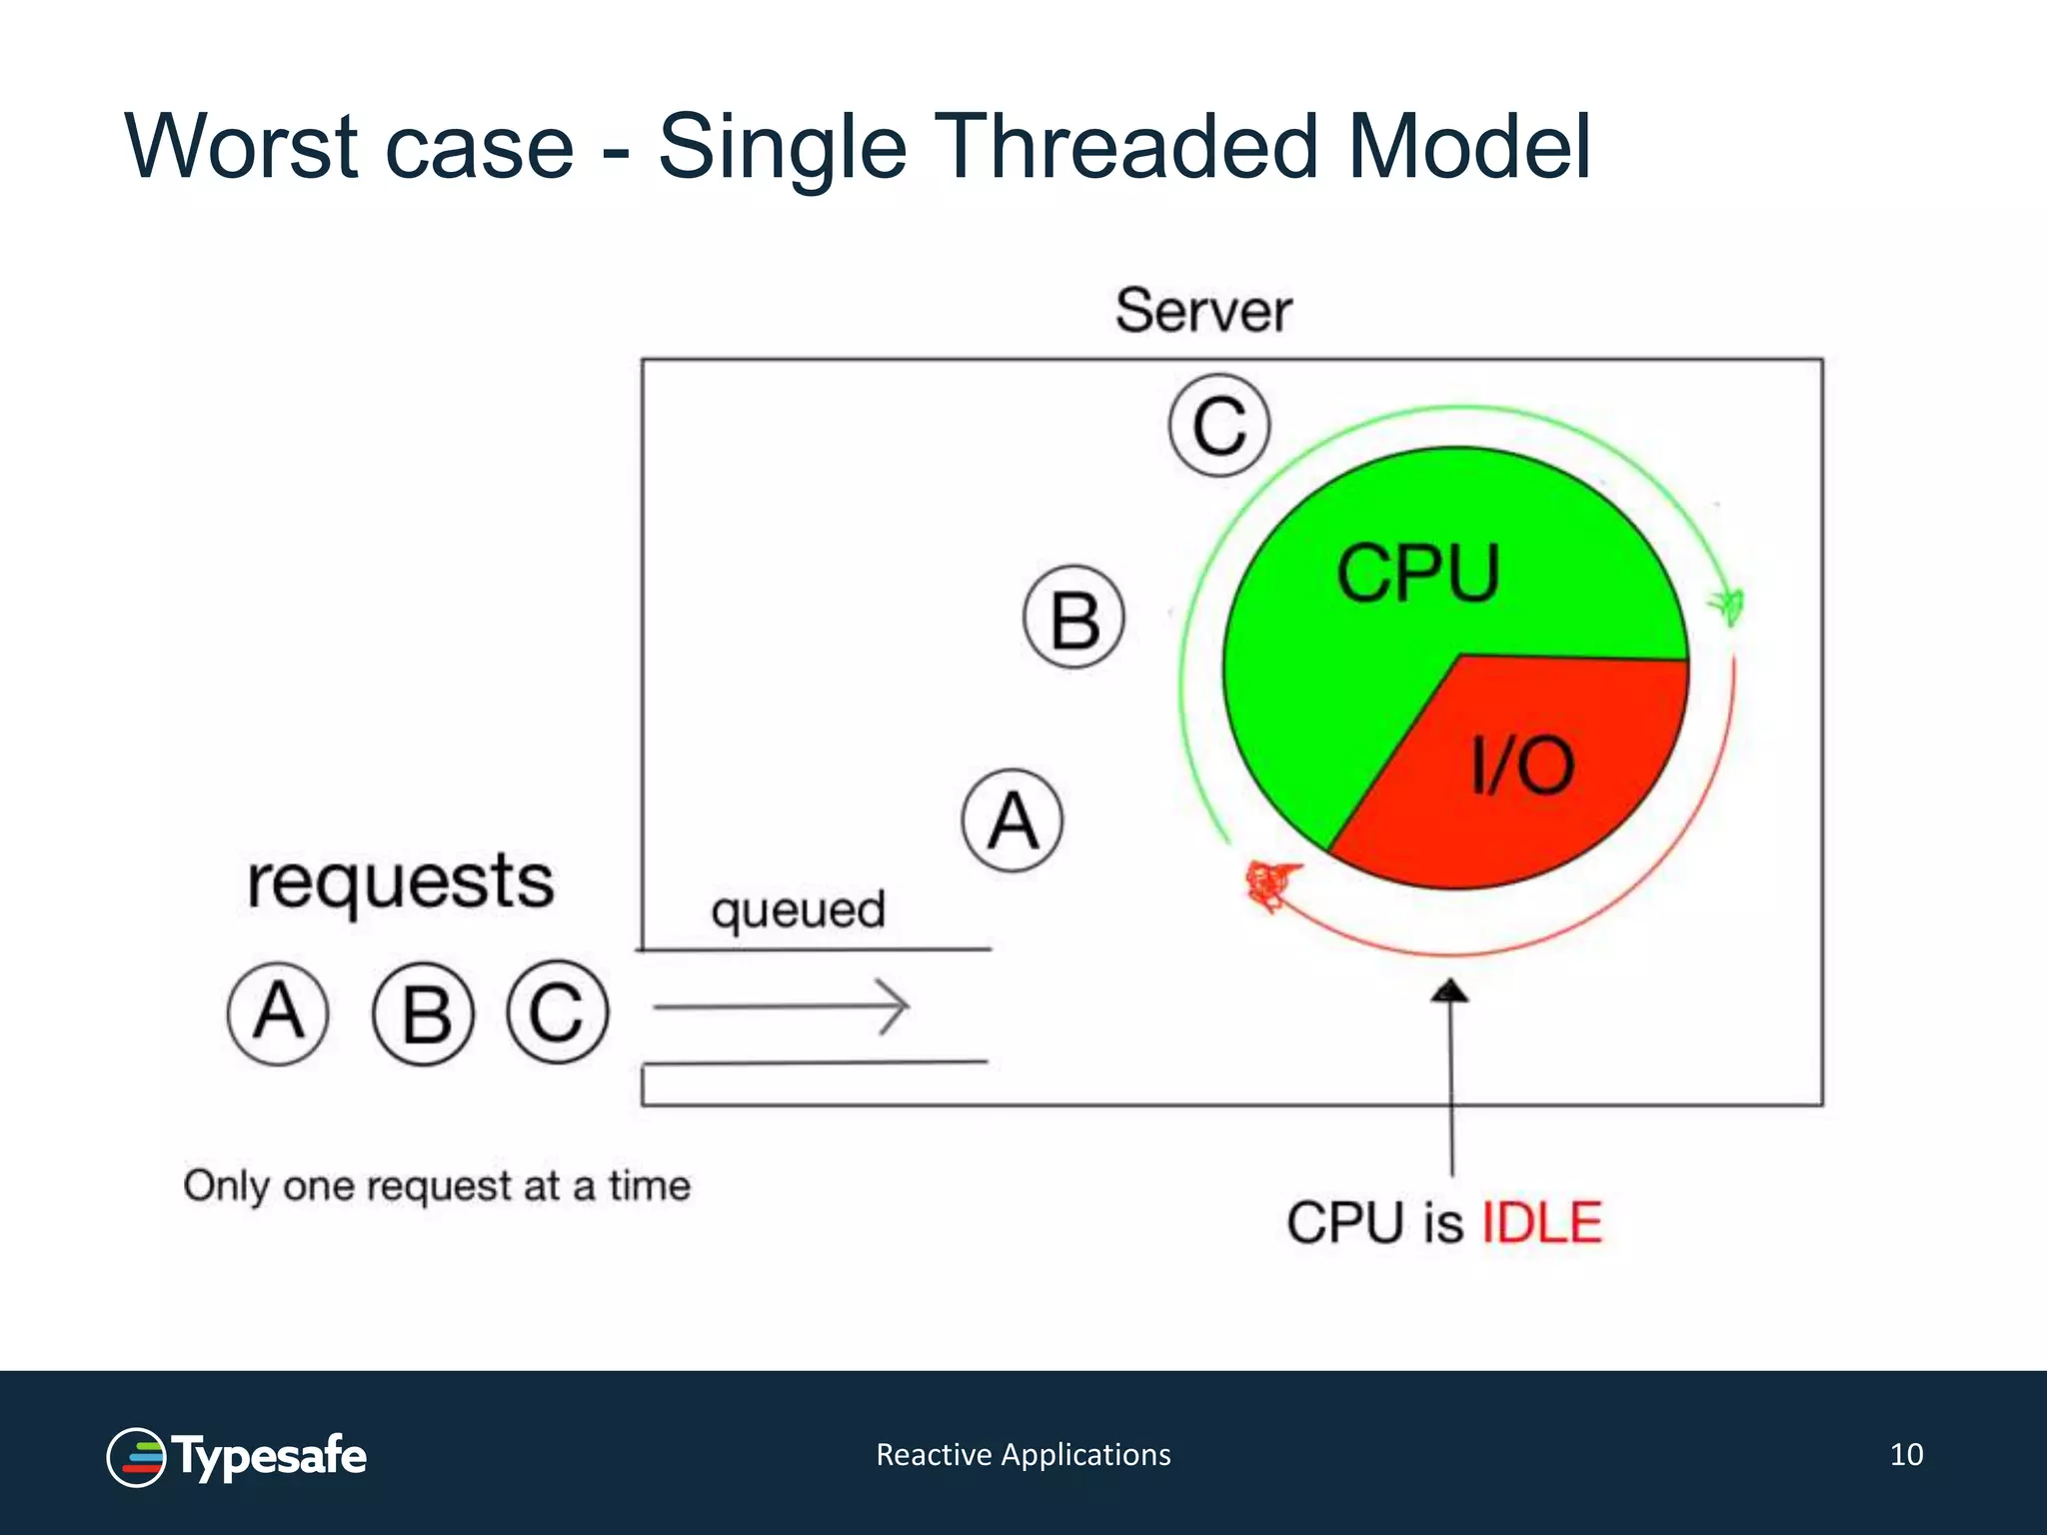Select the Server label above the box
[1202, 311]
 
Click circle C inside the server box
[1218, 425]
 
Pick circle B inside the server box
[1073, 618]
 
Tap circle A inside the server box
[1013, 820]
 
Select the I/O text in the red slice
[1522, 766]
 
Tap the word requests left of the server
[400, 882]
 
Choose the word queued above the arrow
[798, 910]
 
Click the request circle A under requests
[278, 1012]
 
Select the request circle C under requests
[557, 1011]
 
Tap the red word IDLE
[1541, 1222]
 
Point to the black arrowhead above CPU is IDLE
[1449, 990]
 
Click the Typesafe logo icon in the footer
[136, 1456]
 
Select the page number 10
[1906, 1454]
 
